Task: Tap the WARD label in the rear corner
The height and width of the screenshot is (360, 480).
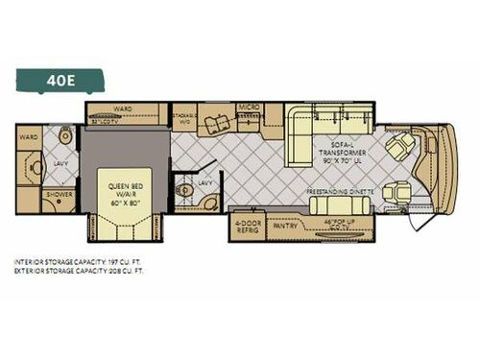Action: point(30,137)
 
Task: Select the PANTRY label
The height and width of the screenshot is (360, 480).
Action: point(285,228)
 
